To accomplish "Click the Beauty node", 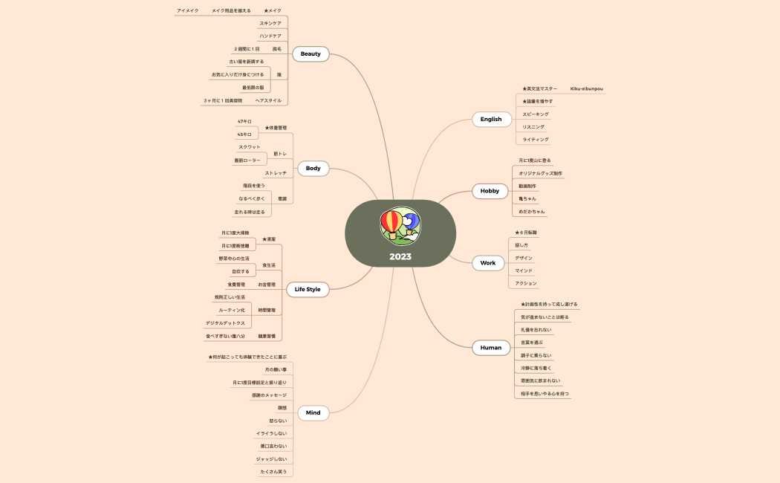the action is [x=311, y=54].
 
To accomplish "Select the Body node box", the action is [x=313, y=169].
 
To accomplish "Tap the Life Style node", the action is [x=308, y=289].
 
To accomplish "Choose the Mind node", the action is [x=313, y=412].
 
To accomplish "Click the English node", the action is [x=491, y=119].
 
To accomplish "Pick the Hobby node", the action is [x=490, y=191].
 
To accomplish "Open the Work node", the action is [x=487, y=263].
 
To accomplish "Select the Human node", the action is [x=491, y=347].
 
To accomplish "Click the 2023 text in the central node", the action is [x=400, y=257].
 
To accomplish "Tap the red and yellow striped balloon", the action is [x=391, y=222].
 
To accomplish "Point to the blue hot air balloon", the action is [x=411, y=220].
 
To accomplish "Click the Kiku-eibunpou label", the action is [x=586, y=89].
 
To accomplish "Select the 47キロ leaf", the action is [x=244, y=121].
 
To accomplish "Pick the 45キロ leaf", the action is [x=244, y=134].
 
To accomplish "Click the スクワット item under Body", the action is [x=250, y=147].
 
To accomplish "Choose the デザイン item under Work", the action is [x=524, y=258].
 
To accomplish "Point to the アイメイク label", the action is [x=187, y=11].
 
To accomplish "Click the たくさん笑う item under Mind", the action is [x=273, y=472].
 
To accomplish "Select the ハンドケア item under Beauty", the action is [x=270, y=36].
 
